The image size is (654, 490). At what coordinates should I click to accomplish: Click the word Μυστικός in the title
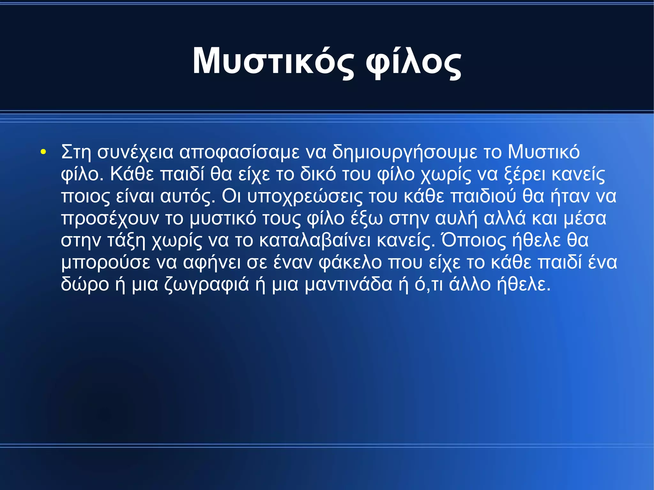click(273, 61)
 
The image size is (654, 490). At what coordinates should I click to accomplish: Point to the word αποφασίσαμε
click(240, 152)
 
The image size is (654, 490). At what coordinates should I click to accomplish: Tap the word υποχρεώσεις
click(305, 196)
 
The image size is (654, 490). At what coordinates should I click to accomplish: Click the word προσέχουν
click(110, 219)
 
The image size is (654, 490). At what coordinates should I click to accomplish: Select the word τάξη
click(126, 241)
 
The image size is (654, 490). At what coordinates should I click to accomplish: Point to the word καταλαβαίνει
click(315, 241)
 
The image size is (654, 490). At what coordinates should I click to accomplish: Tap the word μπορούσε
click(105, 263)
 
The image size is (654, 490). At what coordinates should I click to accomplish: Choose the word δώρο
click(85, 285)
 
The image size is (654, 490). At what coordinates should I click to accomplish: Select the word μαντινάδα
click(348, 285)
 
